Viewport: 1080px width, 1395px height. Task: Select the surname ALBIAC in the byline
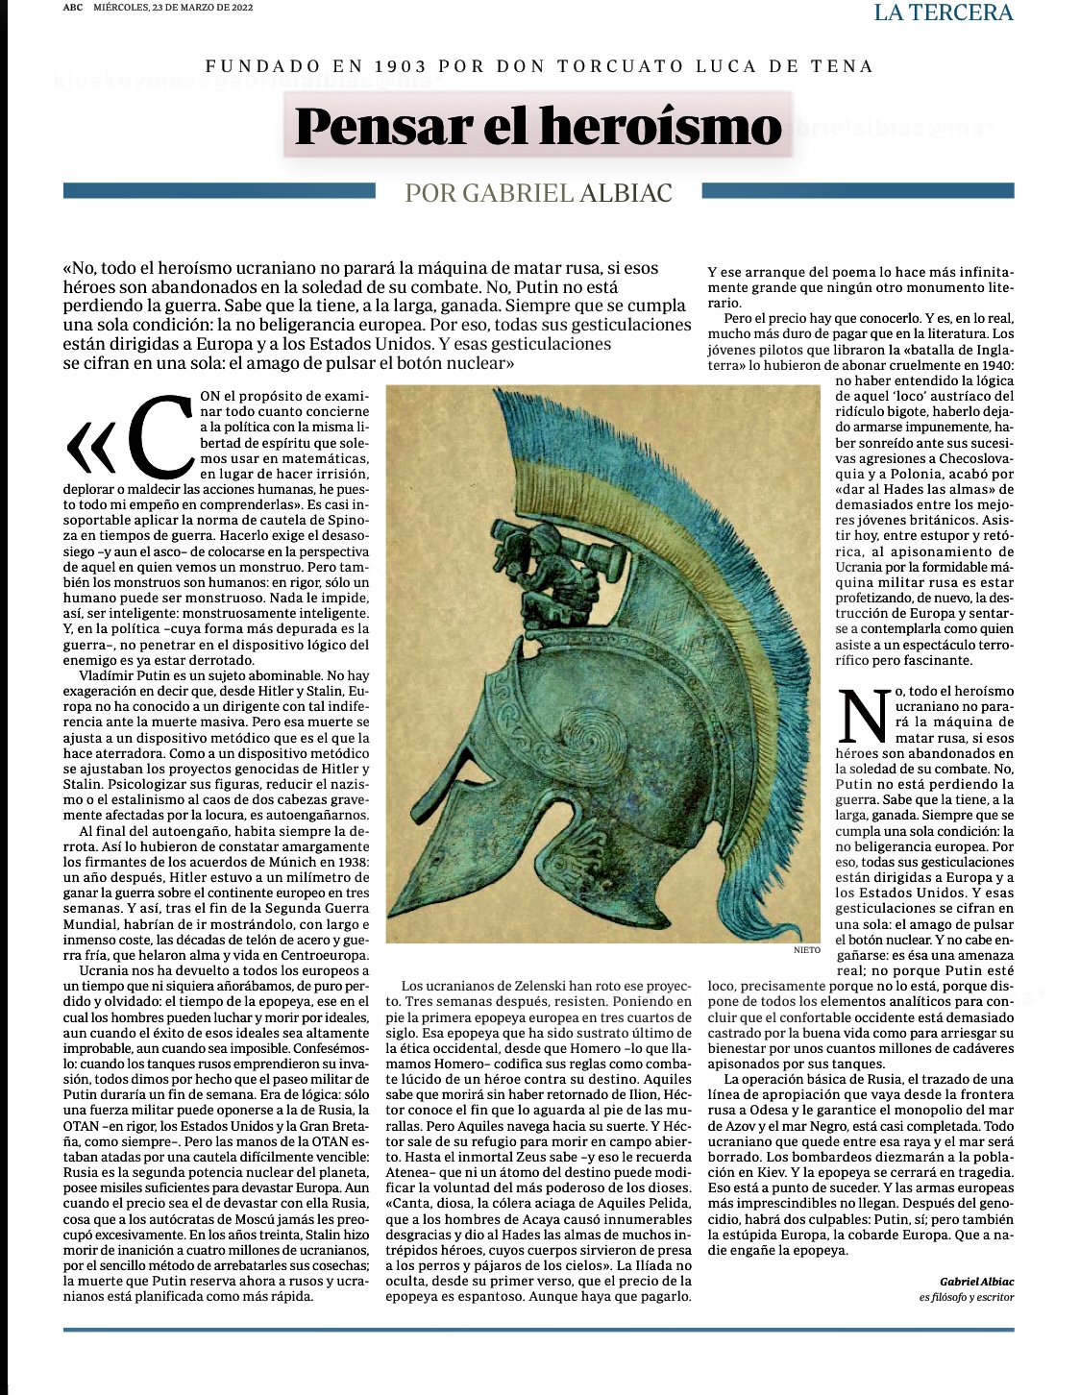(626, 193)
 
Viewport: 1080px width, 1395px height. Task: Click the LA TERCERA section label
(944, 12)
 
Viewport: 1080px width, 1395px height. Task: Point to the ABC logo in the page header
(72, 8)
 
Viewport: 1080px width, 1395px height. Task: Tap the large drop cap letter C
(160, 436)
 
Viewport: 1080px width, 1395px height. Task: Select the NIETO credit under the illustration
(807, 950)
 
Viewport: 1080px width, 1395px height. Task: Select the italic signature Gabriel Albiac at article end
(976, 1282)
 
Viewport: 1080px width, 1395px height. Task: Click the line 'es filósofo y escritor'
(966, 1298)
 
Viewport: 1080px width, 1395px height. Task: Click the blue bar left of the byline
(218, 191)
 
